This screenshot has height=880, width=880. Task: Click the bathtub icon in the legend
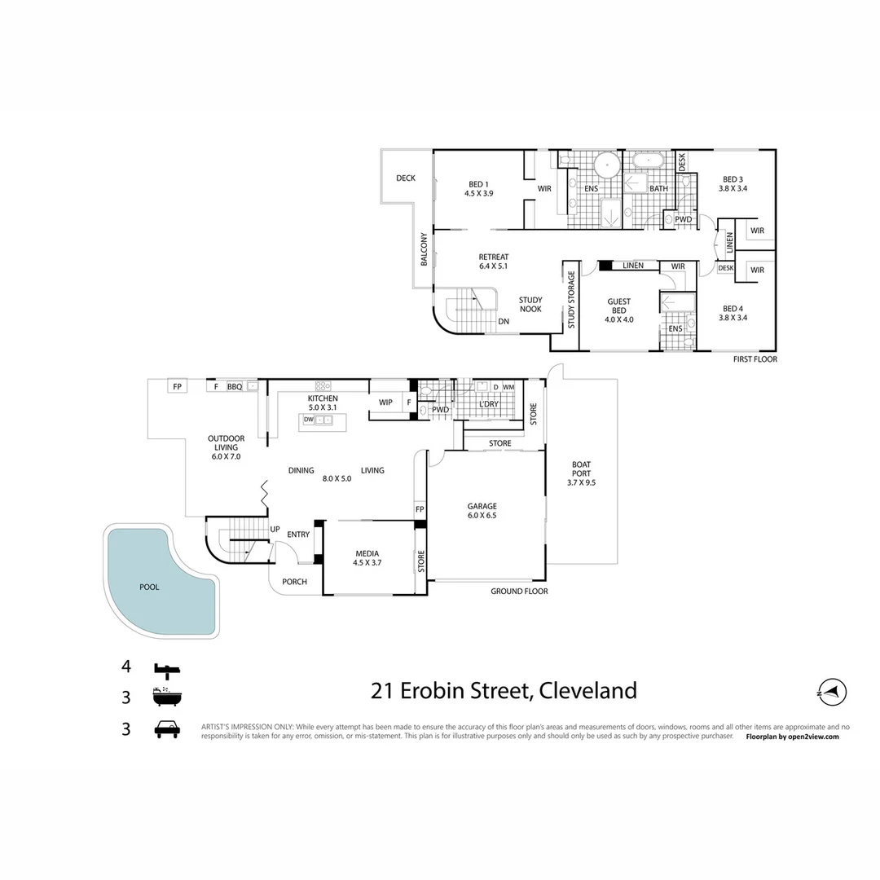click(167, 697)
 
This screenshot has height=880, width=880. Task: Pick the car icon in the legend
click(167, 729)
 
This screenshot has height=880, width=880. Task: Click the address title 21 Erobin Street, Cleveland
click(504, 691)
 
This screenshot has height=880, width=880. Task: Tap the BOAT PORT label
click(581, 473)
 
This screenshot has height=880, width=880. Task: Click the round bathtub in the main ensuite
click(606, 166)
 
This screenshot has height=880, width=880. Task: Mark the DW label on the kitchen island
click(308, 420)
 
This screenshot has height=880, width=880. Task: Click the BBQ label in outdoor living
click(235, 387)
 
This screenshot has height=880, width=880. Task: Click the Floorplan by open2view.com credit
click(792, 737)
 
